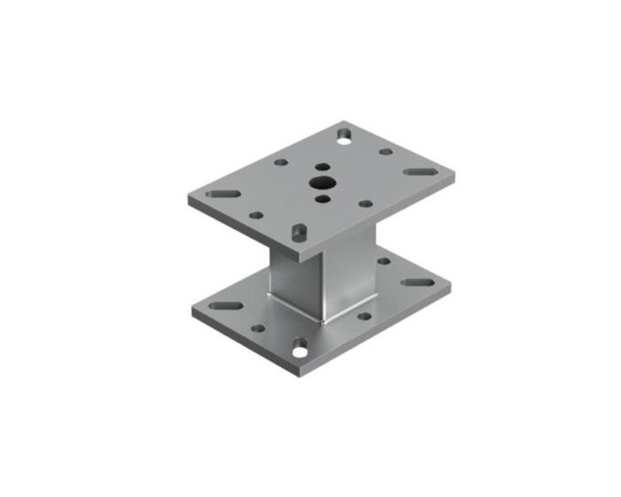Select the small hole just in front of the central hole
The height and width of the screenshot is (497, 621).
(x=321, y=199)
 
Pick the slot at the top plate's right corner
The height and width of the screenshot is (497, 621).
(x=415, y=172)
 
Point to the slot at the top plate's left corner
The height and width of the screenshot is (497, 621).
(x=225, y=193)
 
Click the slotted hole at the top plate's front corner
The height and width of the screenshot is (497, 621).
(x=299, y=231)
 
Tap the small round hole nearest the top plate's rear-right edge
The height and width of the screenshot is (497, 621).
(x=386, y=151)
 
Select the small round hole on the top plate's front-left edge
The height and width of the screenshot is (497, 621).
(x=255, y=214)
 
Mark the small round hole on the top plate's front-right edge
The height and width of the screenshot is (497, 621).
(x=365, y=203)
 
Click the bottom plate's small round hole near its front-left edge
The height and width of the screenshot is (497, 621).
(x=257, y=327)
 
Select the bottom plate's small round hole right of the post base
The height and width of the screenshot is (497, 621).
(x=363, y=315)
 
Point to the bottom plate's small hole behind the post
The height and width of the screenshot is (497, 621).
(x=384, y=261)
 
